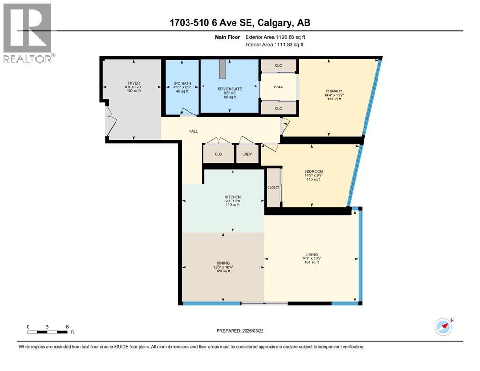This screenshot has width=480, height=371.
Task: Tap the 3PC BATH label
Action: (182, 84)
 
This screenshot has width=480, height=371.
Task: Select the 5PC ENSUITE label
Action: (230, 89)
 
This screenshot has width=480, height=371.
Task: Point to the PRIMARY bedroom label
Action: (334, 91)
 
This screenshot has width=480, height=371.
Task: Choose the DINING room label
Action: (223, 263)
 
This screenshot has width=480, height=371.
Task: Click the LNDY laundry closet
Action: (247, 154)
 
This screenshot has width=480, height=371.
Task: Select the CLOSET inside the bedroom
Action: (274, 187)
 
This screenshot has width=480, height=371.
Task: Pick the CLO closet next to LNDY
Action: (218, 154)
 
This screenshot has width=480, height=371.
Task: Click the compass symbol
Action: (443, 327)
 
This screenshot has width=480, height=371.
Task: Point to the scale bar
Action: (47, 332)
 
